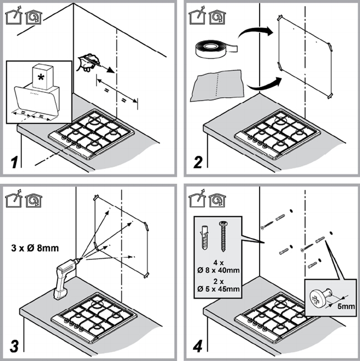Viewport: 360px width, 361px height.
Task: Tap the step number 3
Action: (x=12, y=343)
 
